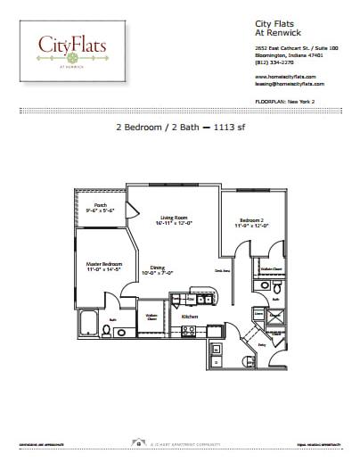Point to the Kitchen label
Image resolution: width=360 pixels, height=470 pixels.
click(x=189, y=317)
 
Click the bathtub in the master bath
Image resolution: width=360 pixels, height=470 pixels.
click(x=88, y=326)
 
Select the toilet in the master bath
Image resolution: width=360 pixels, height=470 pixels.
click(x=107, y=332)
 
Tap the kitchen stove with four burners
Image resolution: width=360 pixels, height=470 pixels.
click(x=189, y=331)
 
